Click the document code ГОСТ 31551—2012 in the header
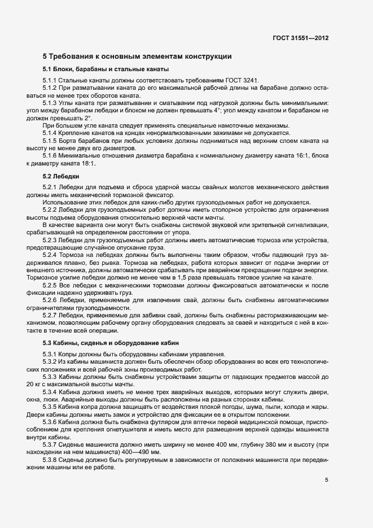click(x=300, y=39)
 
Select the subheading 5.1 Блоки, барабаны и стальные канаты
click(x=106, y=69)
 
